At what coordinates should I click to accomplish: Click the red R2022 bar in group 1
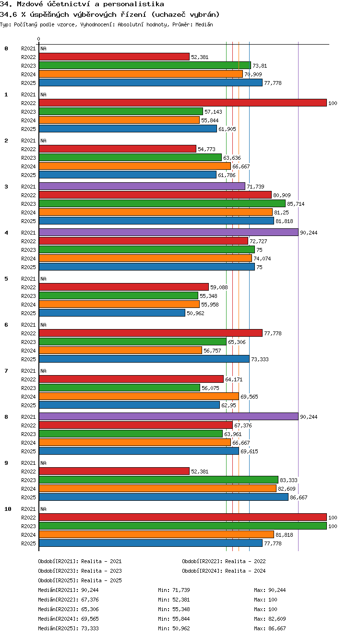(x=183, y=103)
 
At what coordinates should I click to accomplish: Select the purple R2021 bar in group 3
(x=142, y=186)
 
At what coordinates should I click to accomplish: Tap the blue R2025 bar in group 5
(x=112, y=313)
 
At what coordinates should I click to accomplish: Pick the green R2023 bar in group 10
(x=183, y=526)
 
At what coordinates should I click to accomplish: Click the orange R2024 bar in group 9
(x=157, y=488)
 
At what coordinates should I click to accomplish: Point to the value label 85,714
(x=296, y=204)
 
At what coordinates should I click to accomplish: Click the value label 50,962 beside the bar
(x=195, y=313)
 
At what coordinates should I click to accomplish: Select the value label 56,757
(x=212, y=351)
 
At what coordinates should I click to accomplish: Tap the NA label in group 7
(x=43, y=371)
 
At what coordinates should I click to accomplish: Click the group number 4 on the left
(x=6, y=233)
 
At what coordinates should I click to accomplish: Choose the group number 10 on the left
(x=8, y=509)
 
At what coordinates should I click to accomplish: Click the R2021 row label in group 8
(x=28, y=417)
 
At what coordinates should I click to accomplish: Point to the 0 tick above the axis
(x=39, y=39)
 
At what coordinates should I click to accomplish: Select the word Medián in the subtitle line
(x=204, y=24)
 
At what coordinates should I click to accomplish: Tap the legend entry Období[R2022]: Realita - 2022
(x=224, y=561)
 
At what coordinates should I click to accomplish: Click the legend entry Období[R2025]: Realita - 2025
(x=80, y=580)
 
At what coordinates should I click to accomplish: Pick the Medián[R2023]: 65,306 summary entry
(x=68, y=609)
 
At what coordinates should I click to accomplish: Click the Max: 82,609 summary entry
(x=270, y=619)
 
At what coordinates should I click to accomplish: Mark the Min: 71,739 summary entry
(x=174, y=590)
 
